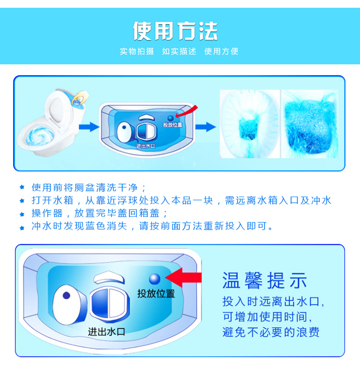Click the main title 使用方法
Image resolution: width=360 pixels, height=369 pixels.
[x=175, y=31]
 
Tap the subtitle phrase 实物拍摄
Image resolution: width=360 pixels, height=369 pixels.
[x=137, y=51]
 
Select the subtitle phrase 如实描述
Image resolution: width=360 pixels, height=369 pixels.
[x=179, y=51]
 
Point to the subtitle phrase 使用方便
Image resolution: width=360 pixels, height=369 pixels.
[x=221, y=51]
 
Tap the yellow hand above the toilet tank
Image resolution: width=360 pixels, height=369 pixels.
[x=80, y=97]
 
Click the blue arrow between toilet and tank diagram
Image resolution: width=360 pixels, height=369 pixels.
[x=89, y=127]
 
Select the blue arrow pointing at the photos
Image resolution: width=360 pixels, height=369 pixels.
[x=205, y=127]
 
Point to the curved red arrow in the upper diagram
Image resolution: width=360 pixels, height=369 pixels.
[x=187, y=112]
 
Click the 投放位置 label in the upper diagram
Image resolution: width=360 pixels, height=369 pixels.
[x=173, y=125]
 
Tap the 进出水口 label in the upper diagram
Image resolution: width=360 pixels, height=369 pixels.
[x=146, y=146]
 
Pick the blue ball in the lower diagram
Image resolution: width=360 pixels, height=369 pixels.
[x=155, y=279]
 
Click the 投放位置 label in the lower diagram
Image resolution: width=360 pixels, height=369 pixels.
[x=156, y=294]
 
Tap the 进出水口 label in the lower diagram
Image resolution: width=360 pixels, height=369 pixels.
[x=107, y=332]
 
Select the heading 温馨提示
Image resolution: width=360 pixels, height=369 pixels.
[x=265, y=280]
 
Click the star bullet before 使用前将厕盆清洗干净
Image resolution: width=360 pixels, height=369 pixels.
[x=22, y=187]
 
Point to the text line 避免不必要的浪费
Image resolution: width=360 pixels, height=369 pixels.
[x=271, y=332]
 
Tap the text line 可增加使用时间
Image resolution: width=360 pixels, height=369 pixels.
[x=267, y=317]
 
